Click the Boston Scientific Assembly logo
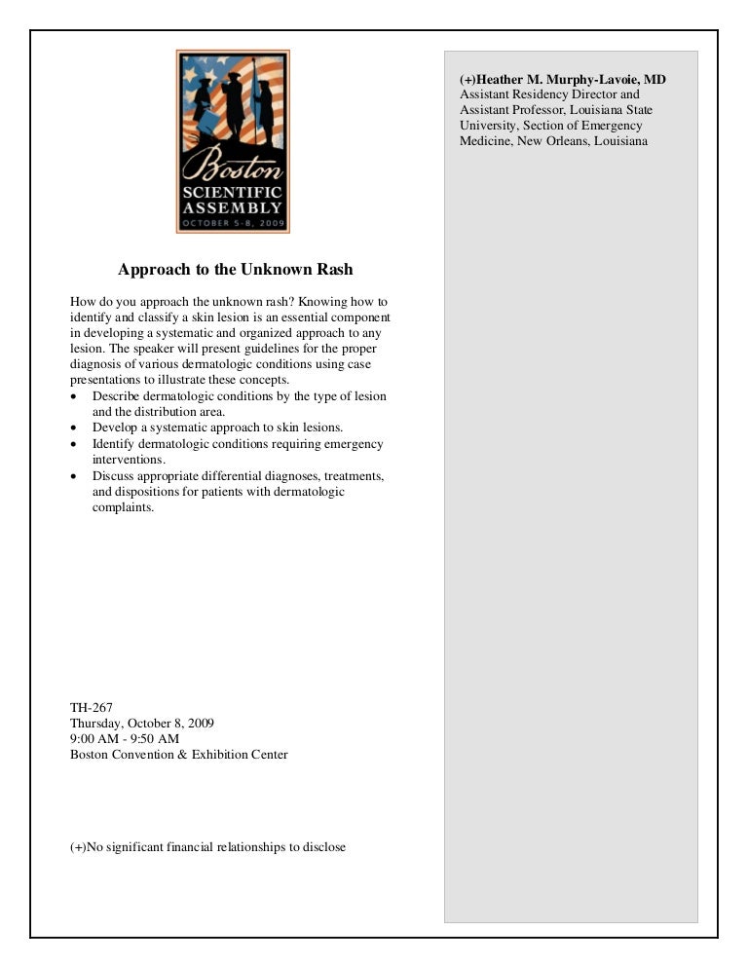[233, 141]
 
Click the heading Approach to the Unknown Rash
[235, 269]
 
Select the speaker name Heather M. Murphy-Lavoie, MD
[563, 79]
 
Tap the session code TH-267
[93, 708]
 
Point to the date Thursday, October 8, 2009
[142, 724]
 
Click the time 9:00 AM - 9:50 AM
[125, 739]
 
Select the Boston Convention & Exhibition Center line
[179, 755]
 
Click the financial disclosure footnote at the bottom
[207, 847]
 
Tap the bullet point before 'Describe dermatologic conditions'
[76, 397]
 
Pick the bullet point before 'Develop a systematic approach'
[76, 428]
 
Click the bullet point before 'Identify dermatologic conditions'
[76, 444]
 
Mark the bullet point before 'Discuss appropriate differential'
[76, 476]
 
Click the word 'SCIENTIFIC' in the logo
[233, 192]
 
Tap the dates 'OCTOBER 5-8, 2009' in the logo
[233, 223]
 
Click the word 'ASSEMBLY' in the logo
[233, 207]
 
